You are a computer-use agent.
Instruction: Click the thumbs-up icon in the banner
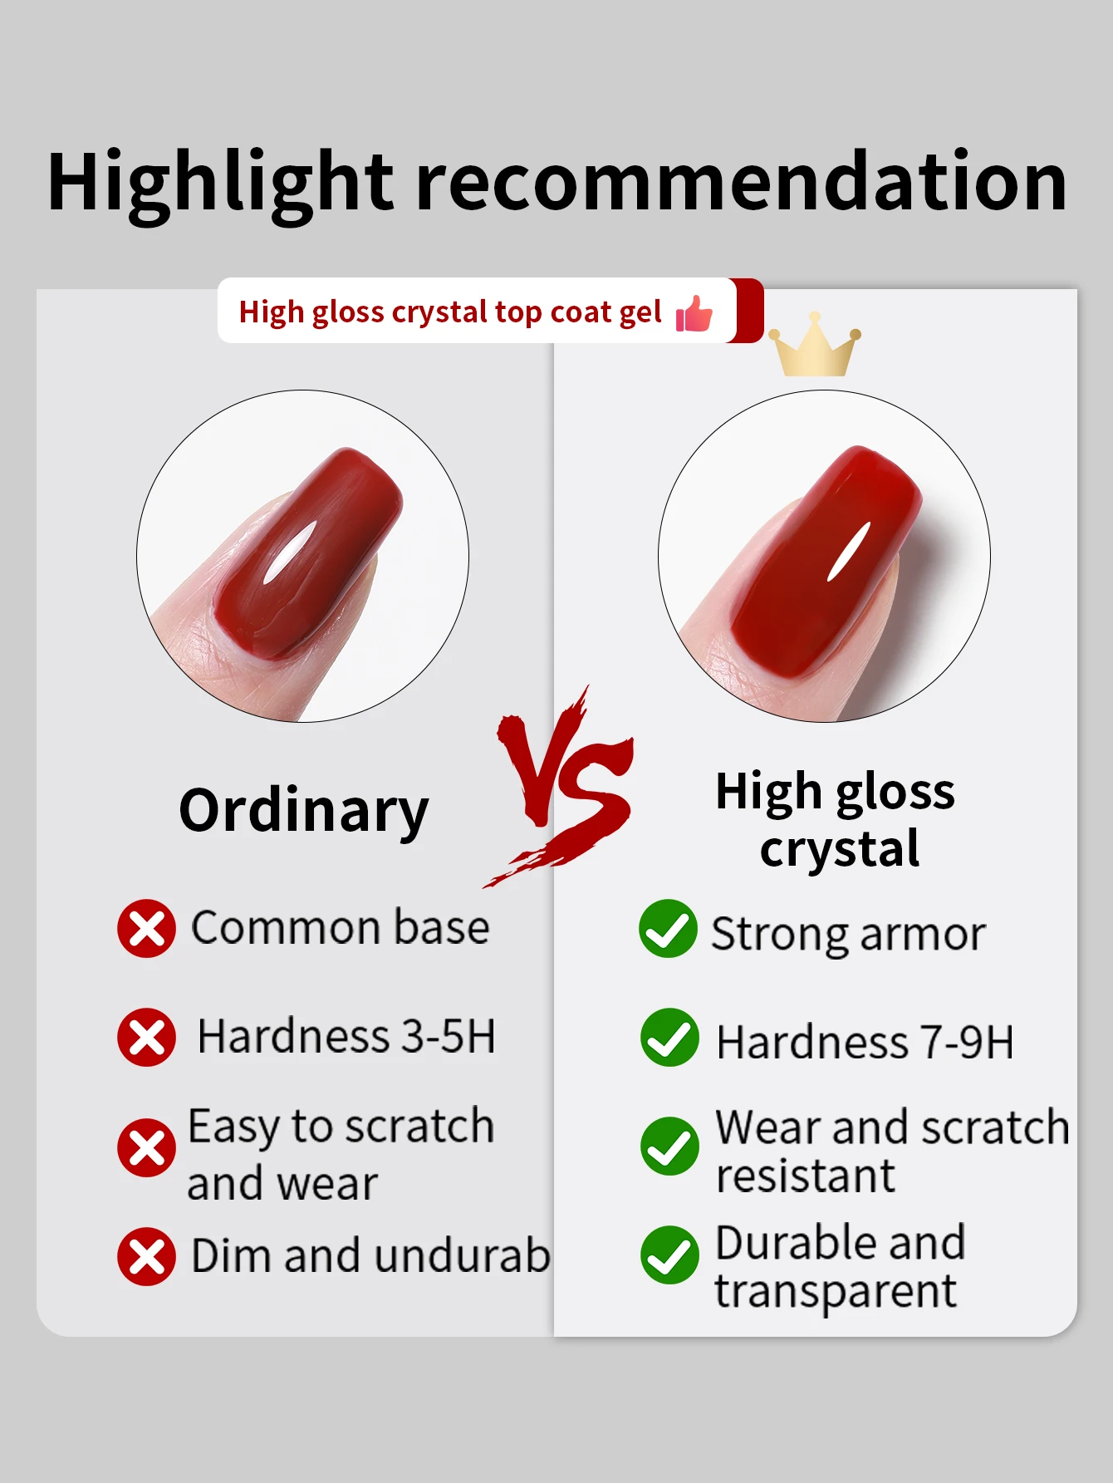[x=694, y=314]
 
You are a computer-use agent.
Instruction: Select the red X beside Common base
[x=147, y=928]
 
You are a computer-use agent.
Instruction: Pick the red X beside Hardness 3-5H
[x=147, y=1037]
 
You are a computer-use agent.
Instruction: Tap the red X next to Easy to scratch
[x=147, y=1147]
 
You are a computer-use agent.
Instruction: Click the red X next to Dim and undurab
[x=147, y=1256]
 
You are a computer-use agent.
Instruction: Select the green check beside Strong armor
[x=669, y=928]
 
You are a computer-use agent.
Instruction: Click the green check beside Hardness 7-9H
[x=669, y=1037]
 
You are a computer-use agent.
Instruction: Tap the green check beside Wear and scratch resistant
[x=669, y=1147]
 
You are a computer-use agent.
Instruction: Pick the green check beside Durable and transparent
[x=669, y=1255]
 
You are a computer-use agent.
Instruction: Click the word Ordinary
[x=304, y=813]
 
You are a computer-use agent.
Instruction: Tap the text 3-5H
[x=449, y=1037]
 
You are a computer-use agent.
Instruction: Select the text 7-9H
[x=968, y=1043]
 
